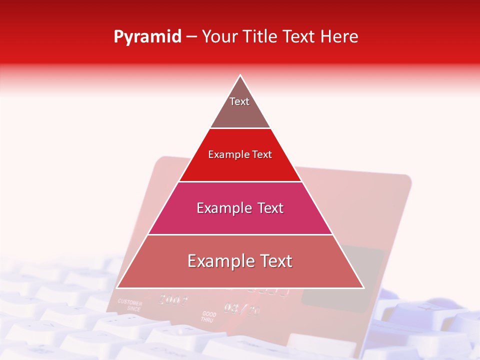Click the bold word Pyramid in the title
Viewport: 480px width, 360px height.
click(147, 37)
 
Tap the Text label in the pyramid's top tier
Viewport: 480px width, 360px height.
click(239, 101)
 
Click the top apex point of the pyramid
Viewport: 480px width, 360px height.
click(240, 75)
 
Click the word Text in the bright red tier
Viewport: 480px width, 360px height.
click(262, 154)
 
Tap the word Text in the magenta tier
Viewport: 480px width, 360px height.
click(270, 208)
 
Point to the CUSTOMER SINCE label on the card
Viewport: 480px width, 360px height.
click(130, 305)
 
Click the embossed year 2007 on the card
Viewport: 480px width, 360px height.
click(173, 300)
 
